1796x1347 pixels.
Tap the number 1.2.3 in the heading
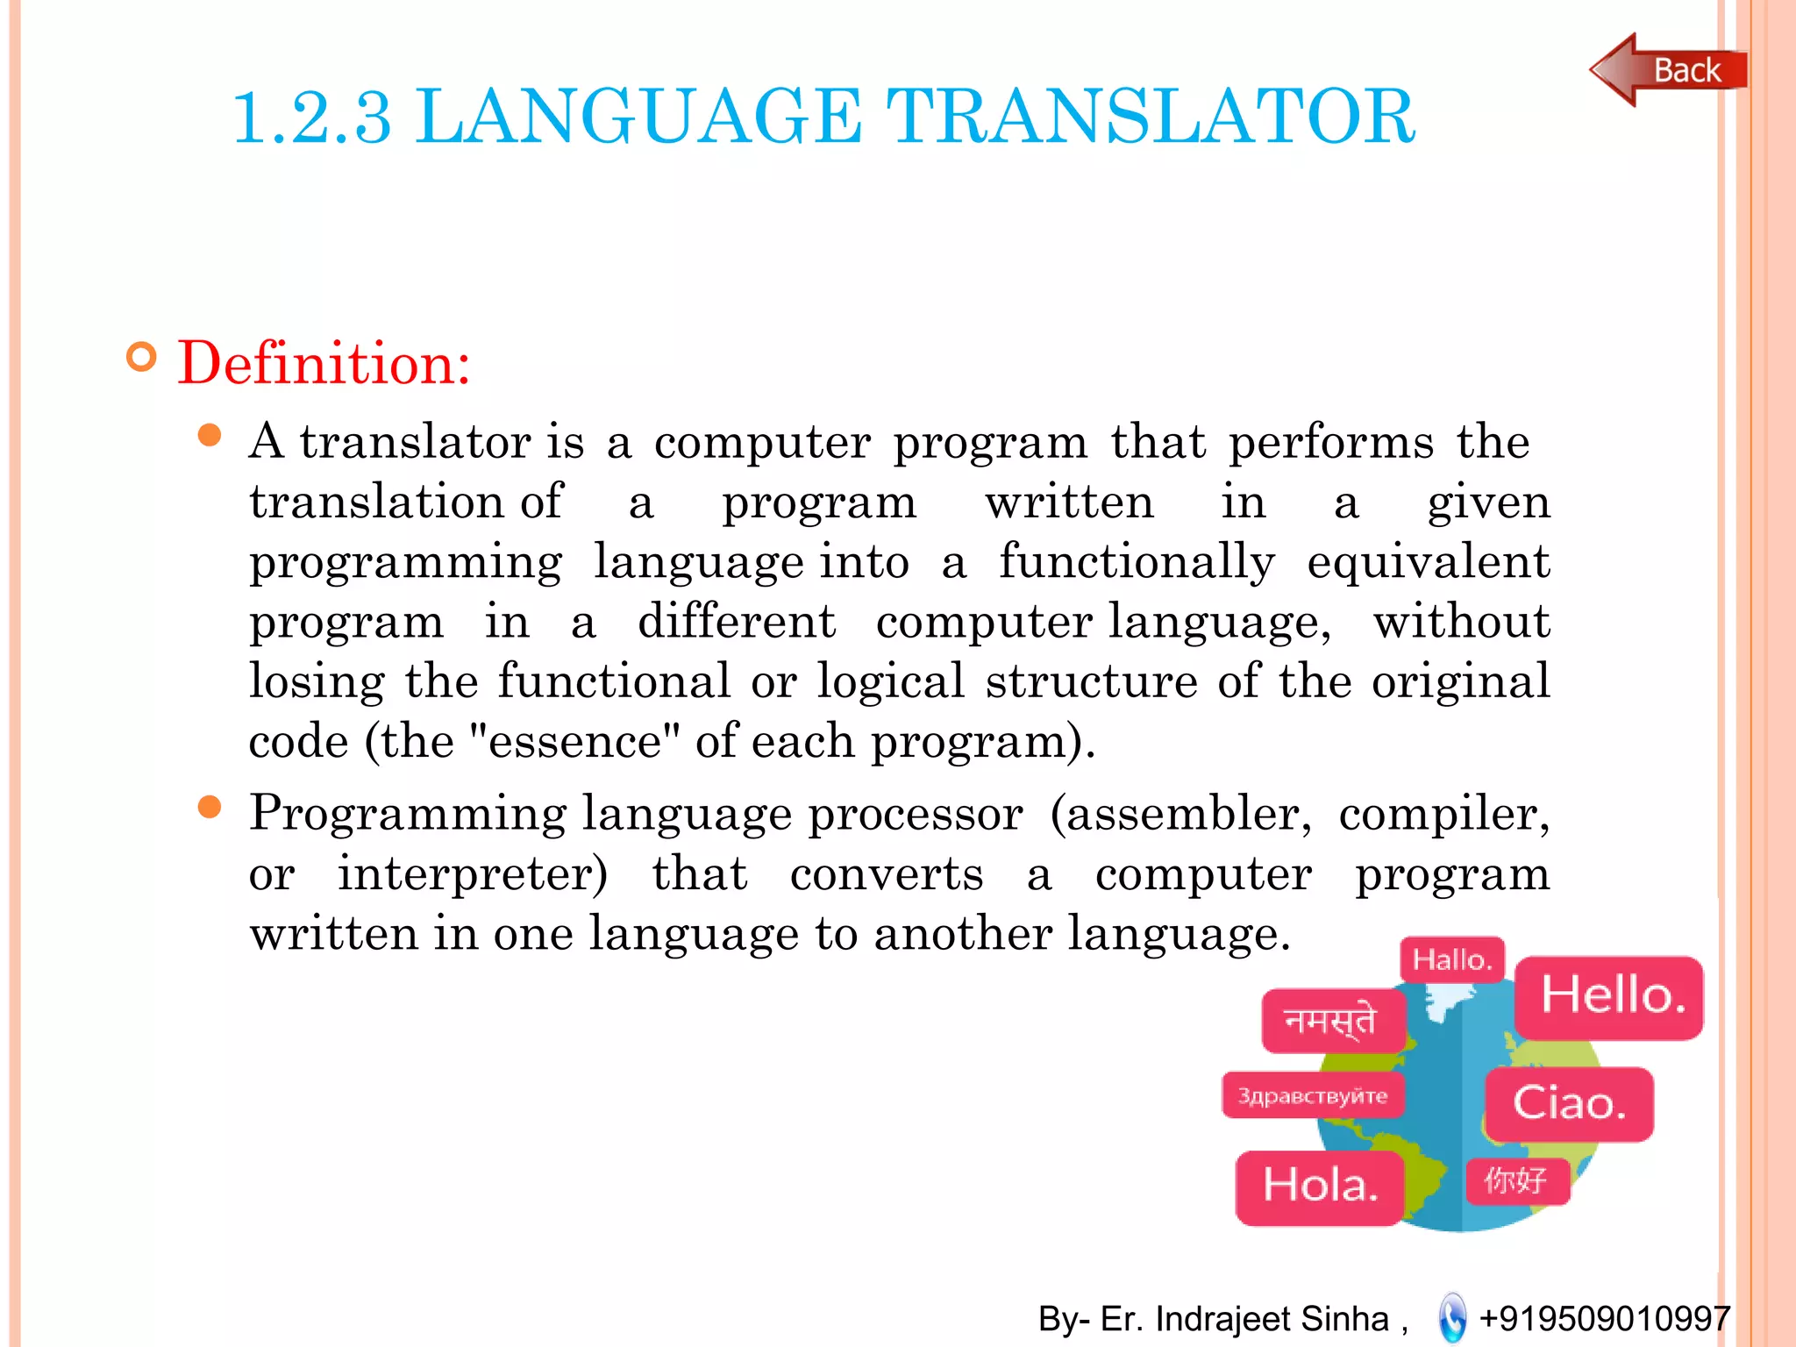pos(311,118)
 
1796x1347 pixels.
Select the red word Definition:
pos(324,363)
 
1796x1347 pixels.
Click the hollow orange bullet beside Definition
pos(141,357)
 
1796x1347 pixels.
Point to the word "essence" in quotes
pos(575,742)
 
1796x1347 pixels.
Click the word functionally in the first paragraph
pos(1137,562)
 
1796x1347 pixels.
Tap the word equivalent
pos(1428,562)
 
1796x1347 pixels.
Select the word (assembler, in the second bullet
pos(1180,814)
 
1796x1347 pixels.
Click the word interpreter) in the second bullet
pos(473,874)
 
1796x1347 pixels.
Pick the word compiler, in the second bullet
pos(1443,814)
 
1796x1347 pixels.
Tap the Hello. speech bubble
pos(1610,997)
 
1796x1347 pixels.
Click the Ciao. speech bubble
pos(1569,1103)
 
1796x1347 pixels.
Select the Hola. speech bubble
pos(1320,1187)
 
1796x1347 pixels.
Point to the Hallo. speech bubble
pos(1452,959)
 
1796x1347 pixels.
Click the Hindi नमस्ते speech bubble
pos(1331,1021)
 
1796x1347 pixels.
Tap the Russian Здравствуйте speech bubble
pos(1313,1095)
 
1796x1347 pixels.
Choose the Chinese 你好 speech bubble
pos(1516,1180)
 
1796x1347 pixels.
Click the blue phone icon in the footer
pos(1452,1318)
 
